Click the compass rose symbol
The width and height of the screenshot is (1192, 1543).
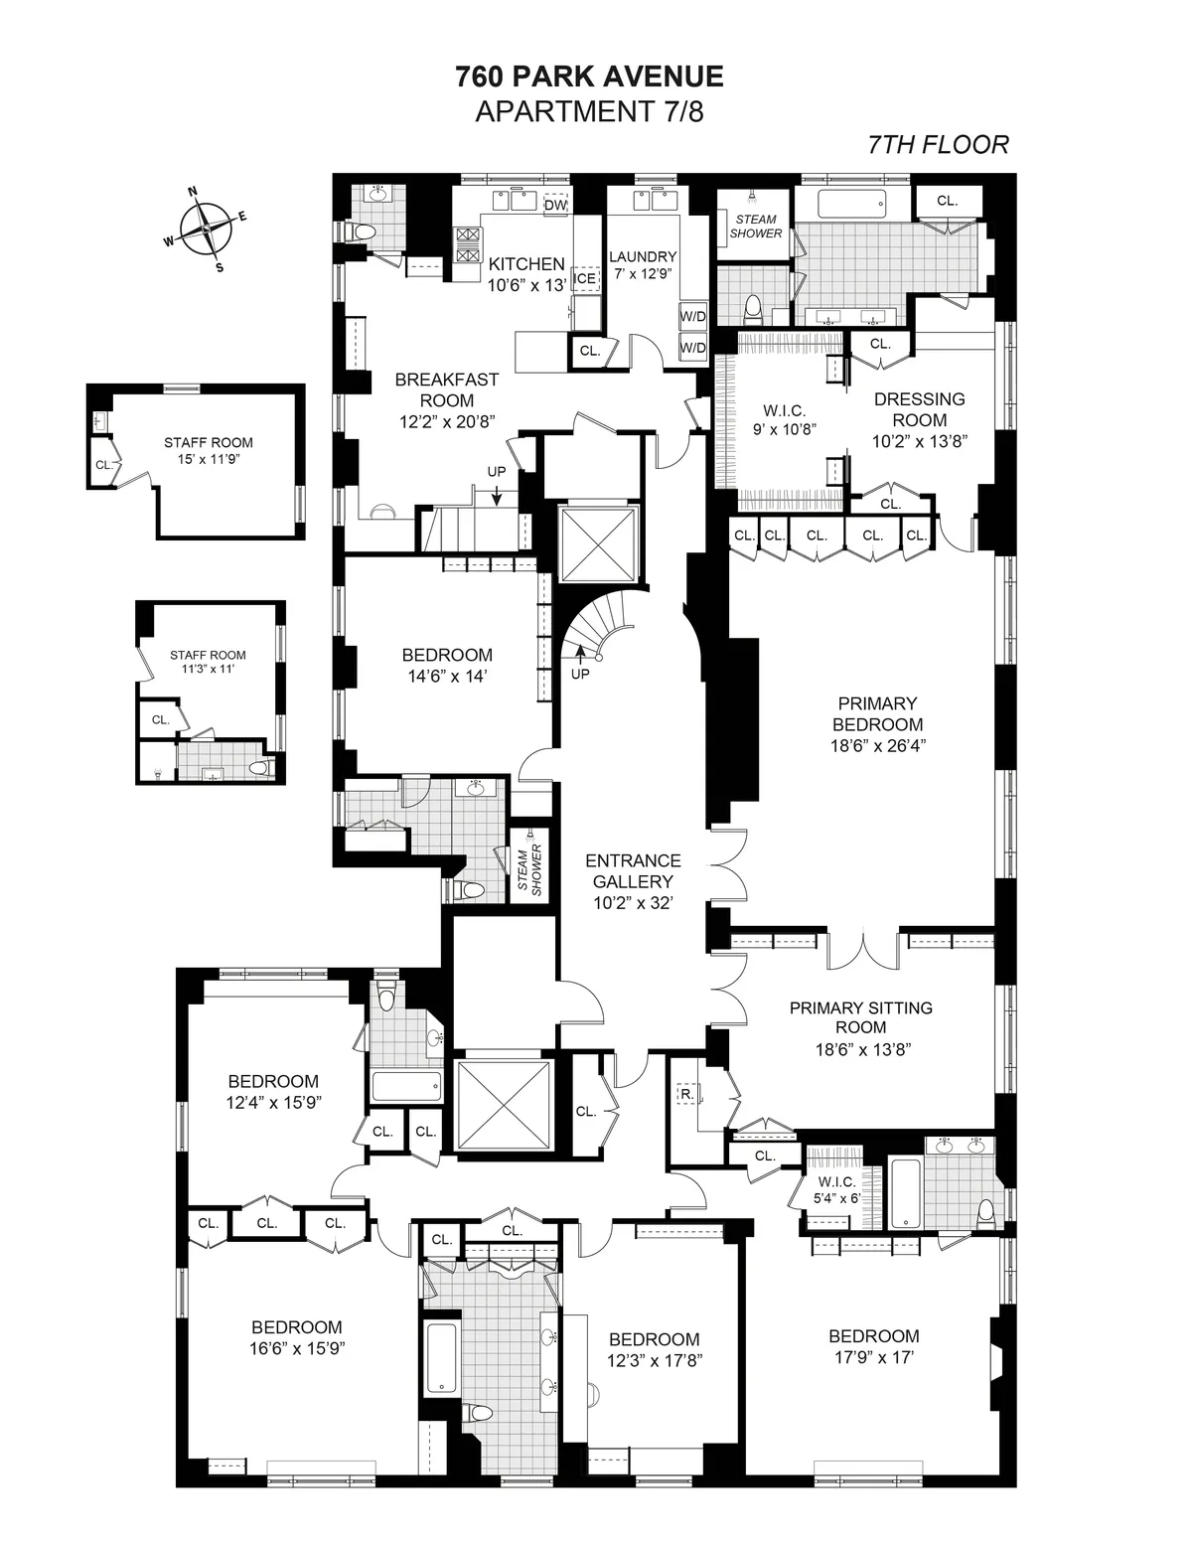click(205, 228)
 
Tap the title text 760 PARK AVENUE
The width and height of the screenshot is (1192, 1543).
click(589, 77)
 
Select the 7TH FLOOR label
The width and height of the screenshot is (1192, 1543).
click(938, 145)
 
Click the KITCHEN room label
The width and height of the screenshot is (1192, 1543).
click(525, 264)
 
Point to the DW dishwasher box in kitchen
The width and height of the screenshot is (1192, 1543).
click(556, 205)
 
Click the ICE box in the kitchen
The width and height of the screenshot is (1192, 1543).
click(586, 278)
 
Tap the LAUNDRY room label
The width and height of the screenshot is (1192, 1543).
click(643, 256)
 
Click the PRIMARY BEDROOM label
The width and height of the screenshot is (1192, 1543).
click(877, 713)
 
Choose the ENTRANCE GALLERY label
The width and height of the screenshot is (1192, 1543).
click(633, 870)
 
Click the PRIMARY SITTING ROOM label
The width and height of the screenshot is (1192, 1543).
click(860, 1017)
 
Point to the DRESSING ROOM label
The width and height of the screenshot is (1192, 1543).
click(919, 409)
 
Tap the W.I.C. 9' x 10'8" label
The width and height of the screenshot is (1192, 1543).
click(784, 420)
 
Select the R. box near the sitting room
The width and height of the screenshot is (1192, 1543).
click(686, 1095)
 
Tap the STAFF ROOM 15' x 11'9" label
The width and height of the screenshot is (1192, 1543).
click(208, 451)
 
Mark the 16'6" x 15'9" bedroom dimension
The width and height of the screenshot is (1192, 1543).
click(296, 1348)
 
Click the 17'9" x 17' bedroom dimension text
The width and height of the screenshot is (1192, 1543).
click(873, 1355)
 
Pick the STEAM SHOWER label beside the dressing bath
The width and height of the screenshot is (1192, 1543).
click(756, 227)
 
